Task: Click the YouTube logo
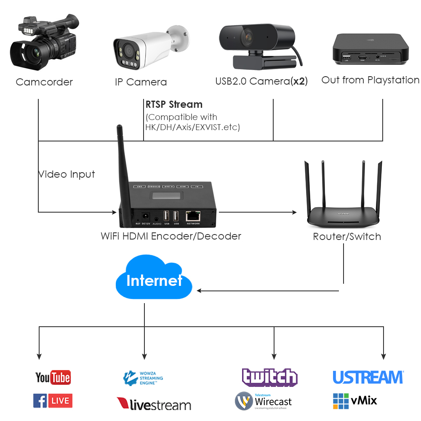point(53,377)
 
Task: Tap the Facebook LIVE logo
point(53,400)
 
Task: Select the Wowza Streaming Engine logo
point(143,378)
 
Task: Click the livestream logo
point(154,404)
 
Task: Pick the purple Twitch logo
point(269,377)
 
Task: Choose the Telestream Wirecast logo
point(263,401)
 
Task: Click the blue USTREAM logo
point(368,377)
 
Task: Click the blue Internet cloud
point(154,280)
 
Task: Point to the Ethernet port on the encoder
point(193,215)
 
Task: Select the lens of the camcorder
point(32,53)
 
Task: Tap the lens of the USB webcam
point(248,37)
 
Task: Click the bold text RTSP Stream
point(174,104)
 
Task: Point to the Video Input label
point(67,174)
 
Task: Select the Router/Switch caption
point(347,237)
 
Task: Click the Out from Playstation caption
point(370,80)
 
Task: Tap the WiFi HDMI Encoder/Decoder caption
point(171,236)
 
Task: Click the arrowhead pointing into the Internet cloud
point(200,290)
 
